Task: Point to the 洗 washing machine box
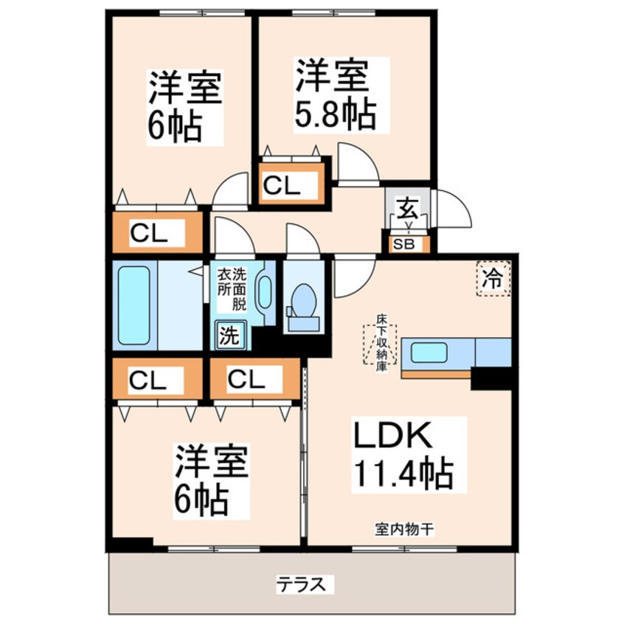(228, 336)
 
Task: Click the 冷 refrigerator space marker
(493, 279)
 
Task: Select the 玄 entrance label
(407, 209)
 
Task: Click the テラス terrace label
(300, 584)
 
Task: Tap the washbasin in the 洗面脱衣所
(263, 294)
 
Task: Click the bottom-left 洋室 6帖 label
(209, 480)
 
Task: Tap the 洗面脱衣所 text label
(232, 288)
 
